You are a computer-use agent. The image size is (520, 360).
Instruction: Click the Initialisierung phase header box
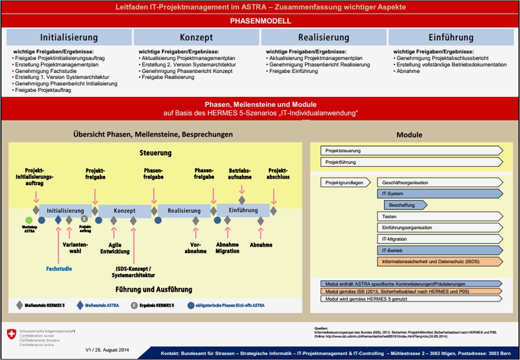click(69, 38)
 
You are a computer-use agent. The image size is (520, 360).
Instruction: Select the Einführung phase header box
click(451, 38)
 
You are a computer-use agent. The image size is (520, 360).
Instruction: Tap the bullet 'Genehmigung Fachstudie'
click(43, 71)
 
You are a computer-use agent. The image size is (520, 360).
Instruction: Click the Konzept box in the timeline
click(125, 211)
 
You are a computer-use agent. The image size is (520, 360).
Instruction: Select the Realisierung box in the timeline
click(184, 211)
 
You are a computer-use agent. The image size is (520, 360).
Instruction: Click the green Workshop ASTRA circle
click(29, 220)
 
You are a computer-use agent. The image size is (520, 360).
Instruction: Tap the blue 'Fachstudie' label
click(59, 269)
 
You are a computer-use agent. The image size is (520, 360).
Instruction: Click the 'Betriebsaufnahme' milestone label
click(240, 174)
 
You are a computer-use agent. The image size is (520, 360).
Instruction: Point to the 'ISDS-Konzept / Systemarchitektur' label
click(133, 272)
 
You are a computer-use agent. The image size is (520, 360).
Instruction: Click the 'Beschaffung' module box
click(405, 205)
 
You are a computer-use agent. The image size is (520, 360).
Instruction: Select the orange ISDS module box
click(439, 262)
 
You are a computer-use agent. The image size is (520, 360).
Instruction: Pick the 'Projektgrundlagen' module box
click(345, 183)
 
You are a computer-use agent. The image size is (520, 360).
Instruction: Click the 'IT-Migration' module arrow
click(439, 239)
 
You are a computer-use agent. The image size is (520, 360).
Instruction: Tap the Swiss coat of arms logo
click(11, 334)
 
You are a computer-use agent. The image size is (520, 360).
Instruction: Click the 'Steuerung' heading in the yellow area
click(155, 153)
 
